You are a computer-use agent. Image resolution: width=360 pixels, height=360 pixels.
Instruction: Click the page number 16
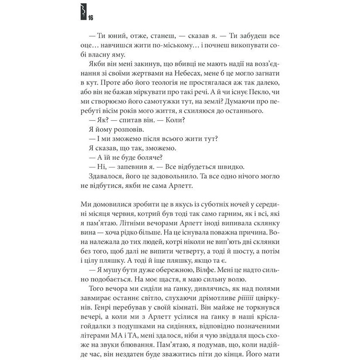(x=91, y=18)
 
